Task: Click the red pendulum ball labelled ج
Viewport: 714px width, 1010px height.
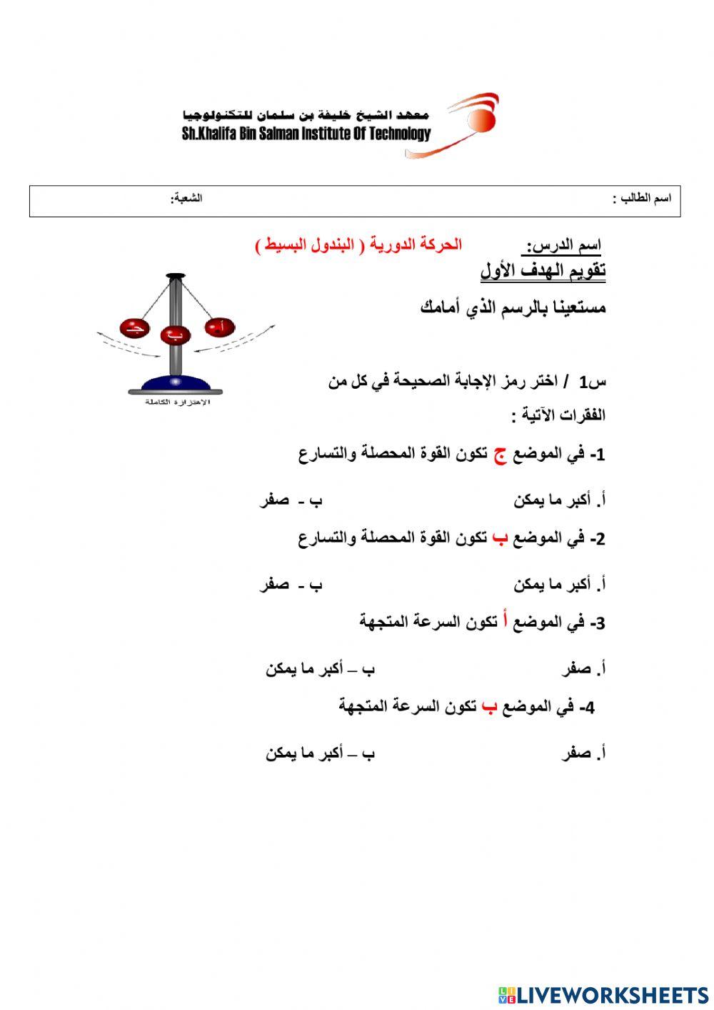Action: pos(133,328)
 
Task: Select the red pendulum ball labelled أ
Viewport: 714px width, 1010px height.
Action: pos(220,327)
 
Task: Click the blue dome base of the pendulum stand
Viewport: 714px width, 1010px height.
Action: pos(175,382)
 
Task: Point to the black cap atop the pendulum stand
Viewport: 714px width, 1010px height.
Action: pos(175,275)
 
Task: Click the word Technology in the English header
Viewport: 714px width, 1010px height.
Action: pos(401,134)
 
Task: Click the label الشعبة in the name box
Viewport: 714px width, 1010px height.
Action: pos(187,198)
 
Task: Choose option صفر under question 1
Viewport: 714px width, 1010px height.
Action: pos(275,500)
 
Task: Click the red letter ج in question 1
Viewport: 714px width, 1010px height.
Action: pos(501,455)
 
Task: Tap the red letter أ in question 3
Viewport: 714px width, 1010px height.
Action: pos(506,621)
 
